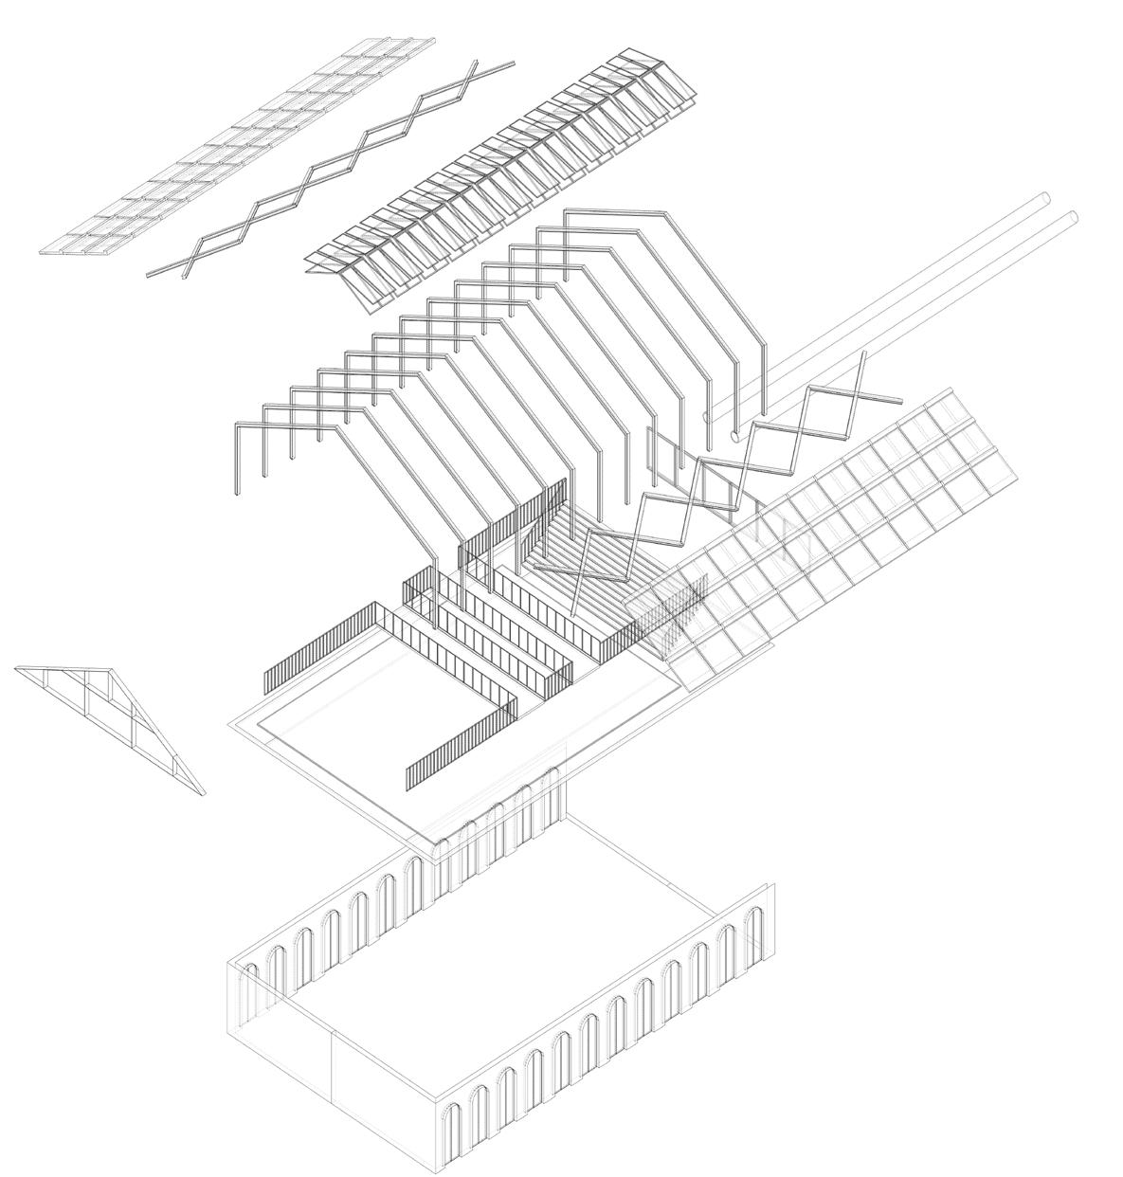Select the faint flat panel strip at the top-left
pyautogui.click(x=237, y=147)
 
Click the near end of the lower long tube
pyautogui.click(x=738, y=437)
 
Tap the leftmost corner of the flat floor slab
pyautogui.click(x=231, y=725)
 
